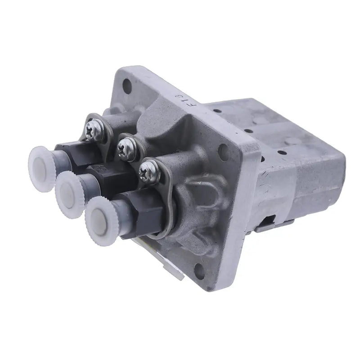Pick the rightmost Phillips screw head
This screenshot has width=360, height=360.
148,171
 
